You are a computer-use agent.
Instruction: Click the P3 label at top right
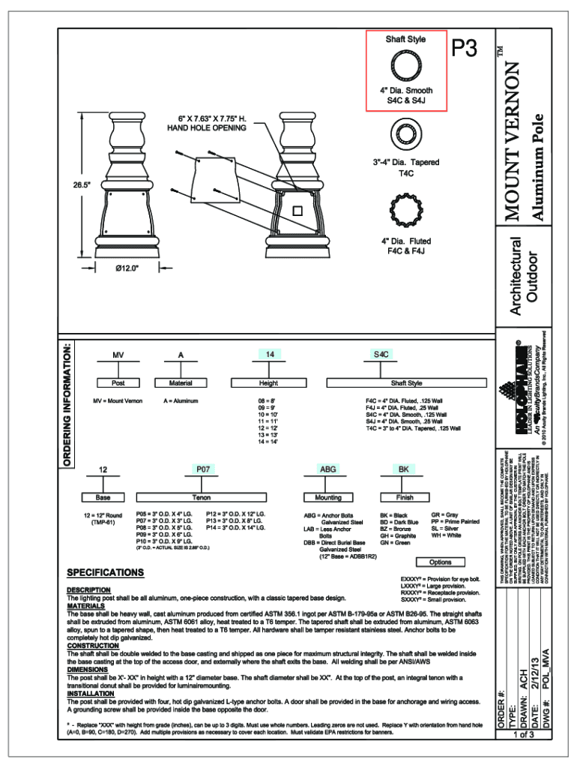pos(465,49)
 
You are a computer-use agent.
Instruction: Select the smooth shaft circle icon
pos(405,65)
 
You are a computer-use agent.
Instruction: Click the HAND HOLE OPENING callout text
pos(206,127)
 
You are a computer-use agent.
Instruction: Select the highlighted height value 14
pos(271,353)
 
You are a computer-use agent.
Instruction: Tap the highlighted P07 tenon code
pos(202,469)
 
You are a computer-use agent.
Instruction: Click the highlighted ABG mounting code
pos(328,469)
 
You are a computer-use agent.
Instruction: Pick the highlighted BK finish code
pos(404,469)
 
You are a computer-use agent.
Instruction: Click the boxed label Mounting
pos(328,497)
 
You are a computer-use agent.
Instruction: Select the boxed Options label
pos(441,562)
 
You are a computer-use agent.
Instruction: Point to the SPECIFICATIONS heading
pos(105,573)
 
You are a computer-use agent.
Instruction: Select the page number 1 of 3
pos(522,755)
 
